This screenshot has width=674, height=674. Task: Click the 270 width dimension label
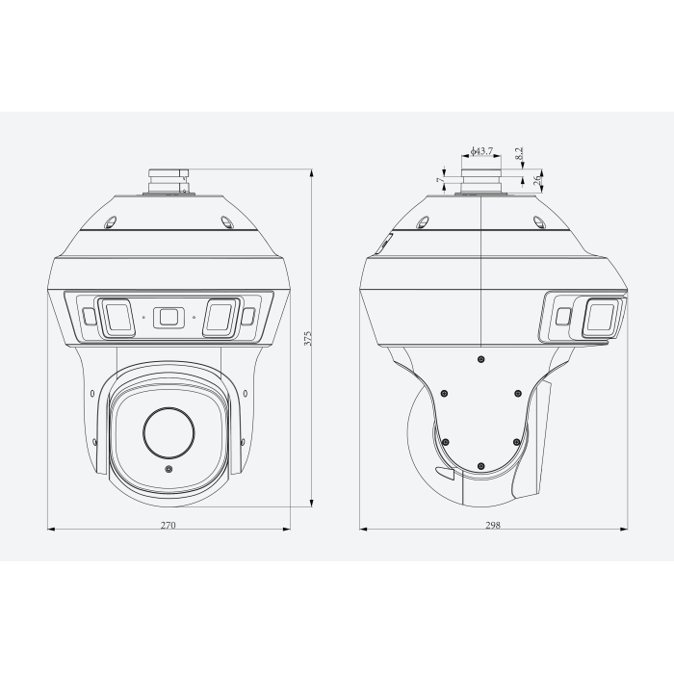[168, 526]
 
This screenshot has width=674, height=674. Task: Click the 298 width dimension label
[493, 526]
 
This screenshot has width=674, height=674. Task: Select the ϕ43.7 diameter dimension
[481, 152]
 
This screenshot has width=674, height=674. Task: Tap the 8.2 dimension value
[519, 154]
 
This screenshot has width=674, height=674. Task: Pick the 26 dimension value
[537, 179]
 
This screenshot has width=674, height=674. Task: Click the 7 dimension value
[439, 180]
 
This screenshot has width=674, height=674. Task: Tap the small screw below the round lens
[169, 470]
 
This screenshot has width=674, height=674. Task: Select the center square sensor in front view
[168, 316]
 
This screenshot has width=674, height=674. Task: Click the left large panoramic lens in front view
[117, 317]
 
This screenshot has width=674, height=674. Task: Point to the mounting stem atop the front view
[168, 179]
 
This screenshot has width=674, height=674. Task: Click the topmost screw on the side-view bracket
[480, 358]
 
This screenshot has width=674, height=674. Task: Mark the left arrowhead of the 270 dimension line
[50, 529]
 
